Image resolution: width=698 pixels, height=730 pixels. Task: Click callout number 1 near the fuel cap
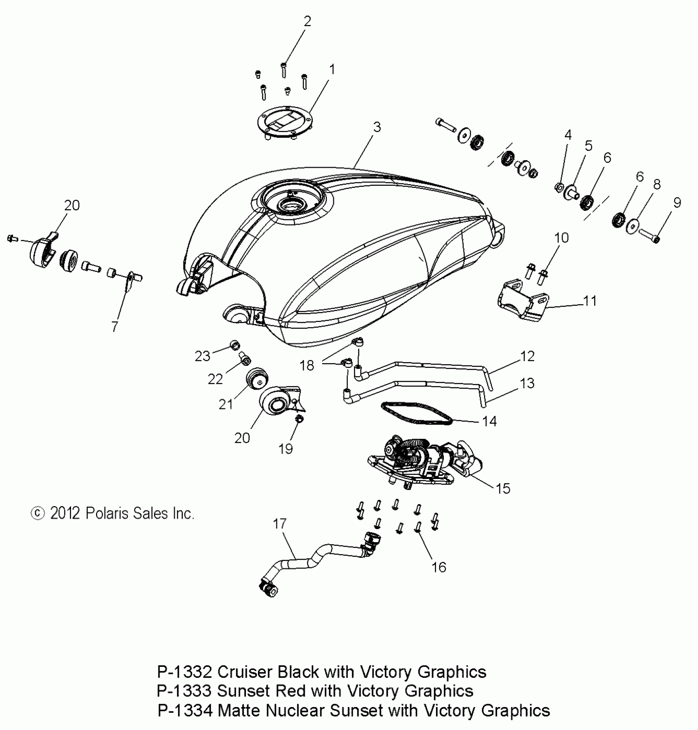click(332, 70)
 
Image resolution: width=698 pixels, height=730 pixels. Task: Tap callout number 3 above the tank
click(377, 127)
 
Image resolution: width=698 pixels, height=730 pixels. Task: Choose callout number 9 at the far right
click(677, 202)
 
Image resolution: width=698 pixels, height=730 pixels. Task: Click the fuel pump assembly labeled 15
click(423, 461)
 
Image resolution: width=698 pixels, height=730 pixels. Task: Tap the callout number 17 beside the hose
click(280, 524)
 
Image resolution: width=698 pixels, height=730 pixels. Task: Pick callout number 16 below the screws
click(439, 567)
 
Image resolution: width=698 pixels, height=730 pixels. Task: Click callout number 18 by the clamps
click(307, 365)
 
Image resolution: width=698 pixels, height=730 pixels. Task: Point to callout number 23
click(202, 356)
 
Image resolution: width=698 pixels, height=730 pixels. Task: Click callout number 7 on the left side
click(115, 326)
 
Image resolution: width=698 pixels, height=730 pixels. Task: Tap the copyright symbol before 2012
click(38, 513)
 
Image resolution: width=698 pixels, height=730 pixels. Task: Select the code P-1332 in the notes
click(184, 672)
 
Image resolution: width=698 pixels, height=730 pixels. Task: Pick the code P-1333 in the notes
click(184, 691)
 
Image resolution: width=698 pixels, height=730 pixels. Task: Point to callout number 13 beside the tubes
click(527, 383)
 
